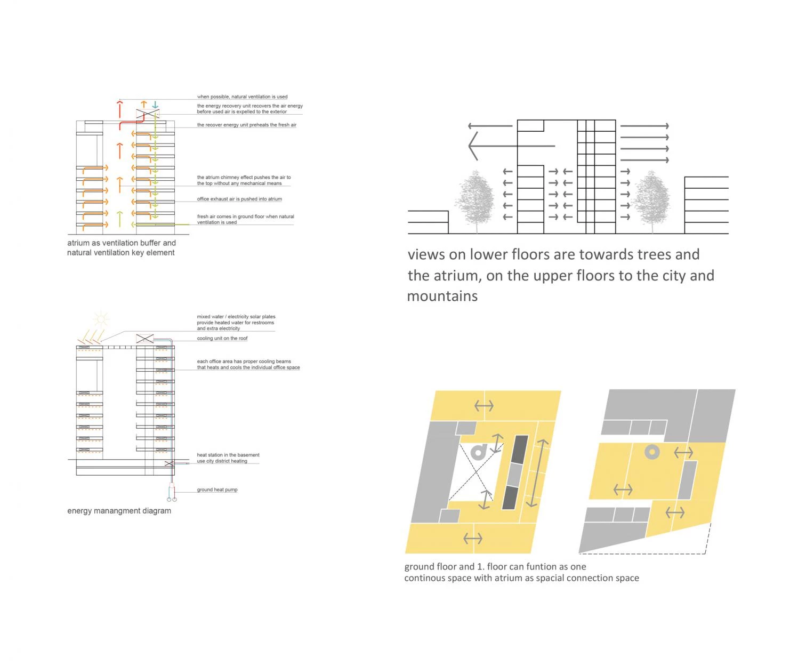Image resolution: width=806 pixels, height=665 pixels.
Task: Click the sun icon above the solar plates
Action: (x=100, y=318)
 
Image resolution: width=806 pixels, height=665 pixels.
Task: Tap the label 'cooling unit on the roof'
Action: (x=222, y=338)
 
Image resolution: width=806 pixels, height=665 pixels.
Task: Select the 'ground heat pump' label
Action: (x=217, y=490)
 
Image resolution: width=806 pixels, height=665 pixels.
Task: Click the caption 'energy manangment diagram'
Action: (x=119, y=510)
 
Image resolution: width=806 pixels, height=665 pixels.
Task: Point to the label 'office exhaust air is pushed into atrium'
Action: (x=239, y=199)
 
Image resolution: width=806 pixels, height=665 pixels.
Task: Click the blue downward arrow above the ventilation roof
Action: (x=155, y=105)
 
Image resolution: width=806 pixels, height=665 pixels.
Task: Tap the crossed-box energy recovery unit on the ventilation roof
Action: (x=148, y=113)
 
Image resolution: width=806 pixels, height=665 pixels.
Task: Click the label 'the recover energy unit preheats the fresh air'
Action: (x=247, y=125)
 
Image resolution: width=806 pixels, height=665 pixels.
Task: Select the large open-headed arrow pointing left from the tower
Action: (x=511, y=146)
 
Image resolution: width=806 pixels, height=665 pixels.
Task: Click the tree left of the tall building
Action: (x=475, y=201)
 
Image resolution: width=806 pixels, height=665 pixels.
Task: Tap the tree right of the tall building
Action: (x=652, y=201)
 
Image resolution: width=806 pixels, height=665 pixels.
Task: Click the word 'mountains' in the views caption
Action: (x=442, y=296)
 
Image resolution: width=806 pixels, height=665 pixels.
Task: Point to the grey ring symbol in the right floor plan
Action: (x=652, y=452)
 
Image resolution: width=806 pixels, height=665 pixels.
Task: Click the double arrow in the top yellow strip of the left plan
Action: (x=483, y=405)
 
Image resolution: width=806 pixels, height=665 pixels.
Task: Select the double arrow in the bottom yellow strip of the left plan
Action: (x=473, y=538)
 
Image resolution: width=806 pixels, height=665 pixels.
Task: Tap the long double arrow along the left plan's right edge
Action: (x=537, y=473)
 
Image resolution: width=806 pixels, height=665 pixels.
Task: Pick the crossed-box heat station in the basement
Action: (x=169, y=463)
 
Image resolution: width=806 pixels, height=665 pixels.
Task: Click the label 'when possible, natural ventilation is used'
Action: (x=242, y=97)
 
